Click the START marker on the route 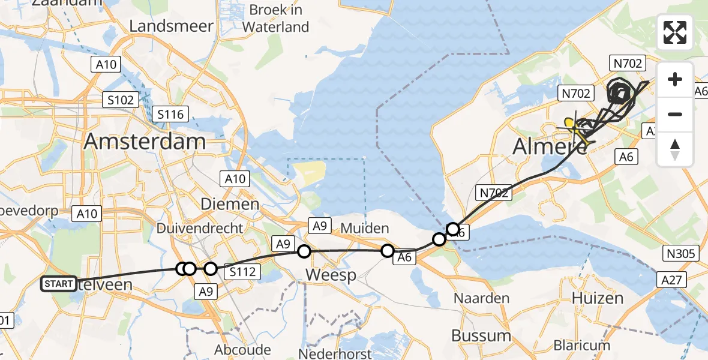coord(59,284)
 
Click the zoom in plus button coord(675,80)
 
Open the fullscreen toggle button coord(675,32)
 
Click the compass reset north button coord(675,149)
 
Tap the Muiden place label coord(365,229)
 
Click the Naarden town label coord(481,298)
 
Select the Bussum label coord(481,335)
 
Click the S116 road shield coord(171,113)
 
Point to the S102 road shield coord(121,100)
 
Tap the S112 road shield coord(242,272)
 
